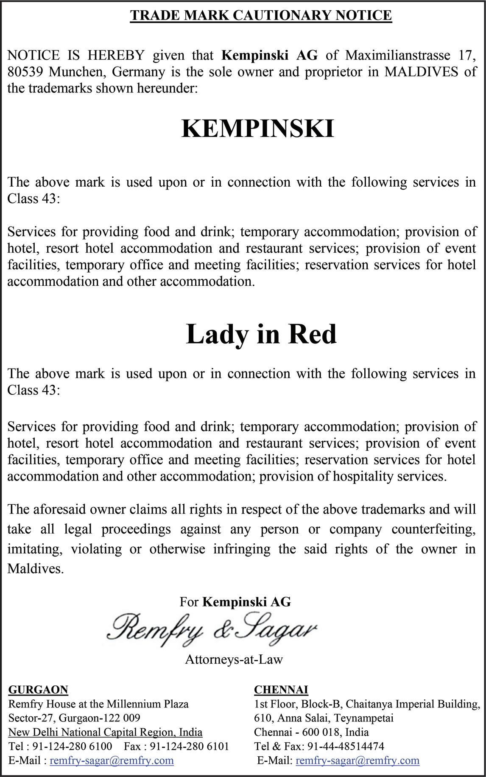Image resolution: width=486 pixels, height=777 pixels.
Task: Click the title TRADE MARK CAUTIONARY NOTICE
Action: [260, 16]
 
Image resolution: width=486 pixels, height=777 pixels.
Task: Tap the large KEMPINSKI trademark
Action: [258, 129]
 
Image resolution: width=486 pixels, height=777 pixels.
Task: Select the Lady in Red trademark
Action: [261, 334]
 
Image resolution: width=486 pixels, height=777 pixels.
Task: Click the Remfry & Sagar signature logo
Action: [212, 629]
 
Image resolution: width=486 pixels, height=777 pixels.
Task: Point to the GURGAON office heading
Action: [38, 690]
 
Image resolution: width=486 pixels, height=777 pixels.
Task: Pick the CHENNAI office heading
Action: [281, 690]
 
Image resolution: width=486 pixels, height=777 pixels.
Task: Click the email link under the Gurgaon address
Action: [112, 760]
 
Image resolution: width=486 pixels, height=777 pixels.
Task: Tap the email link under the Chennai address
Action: [357, 760]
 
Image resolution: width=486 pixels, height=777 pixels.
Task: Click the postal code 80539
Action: [25, 72]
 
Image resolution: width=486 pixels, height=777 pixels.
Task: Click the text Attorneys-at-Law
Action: [234, 660]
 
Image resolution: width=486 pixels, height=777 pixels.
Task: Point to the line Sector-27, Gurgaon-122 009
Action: [74, 718]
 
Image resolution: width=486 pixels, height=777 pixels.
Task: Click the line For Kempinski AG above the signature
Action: [235, 602]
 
